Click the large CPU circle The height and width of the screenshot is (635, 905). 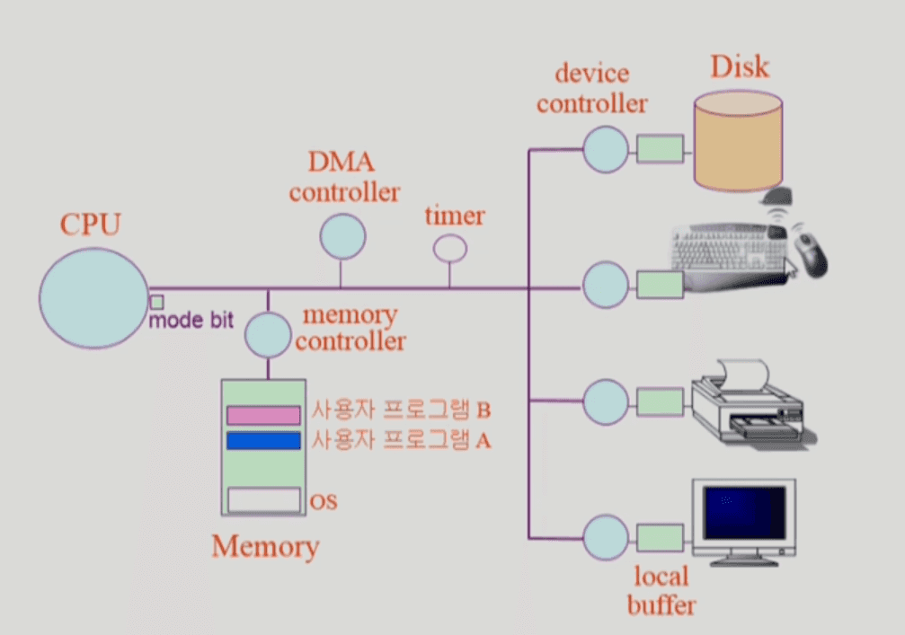93,298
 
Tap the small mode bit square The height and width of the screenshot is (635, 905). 156,302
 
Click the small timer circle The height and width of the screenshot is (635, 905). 449,247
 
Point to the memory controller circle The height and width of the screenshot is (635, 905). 268,333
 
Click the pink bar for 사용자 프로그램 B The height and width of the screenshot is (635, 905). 263,415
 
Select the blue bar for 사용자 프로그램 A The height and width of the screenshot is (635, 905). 263,440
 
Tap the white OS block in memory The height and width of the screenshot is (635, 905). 263,499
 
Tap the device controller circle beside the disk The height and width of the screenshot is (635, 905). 606,147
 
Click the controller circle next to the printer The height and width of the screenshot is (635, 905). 606,401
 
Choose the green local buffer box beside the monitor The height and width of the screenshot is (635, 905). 661,539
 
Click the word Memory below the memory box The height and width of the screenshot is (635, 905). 265,546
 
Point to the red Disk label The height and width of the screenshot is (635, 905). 740,66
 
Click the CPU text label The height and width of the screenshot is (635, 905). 90,224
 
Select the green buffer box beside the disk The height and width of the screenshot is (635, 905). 661,148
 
